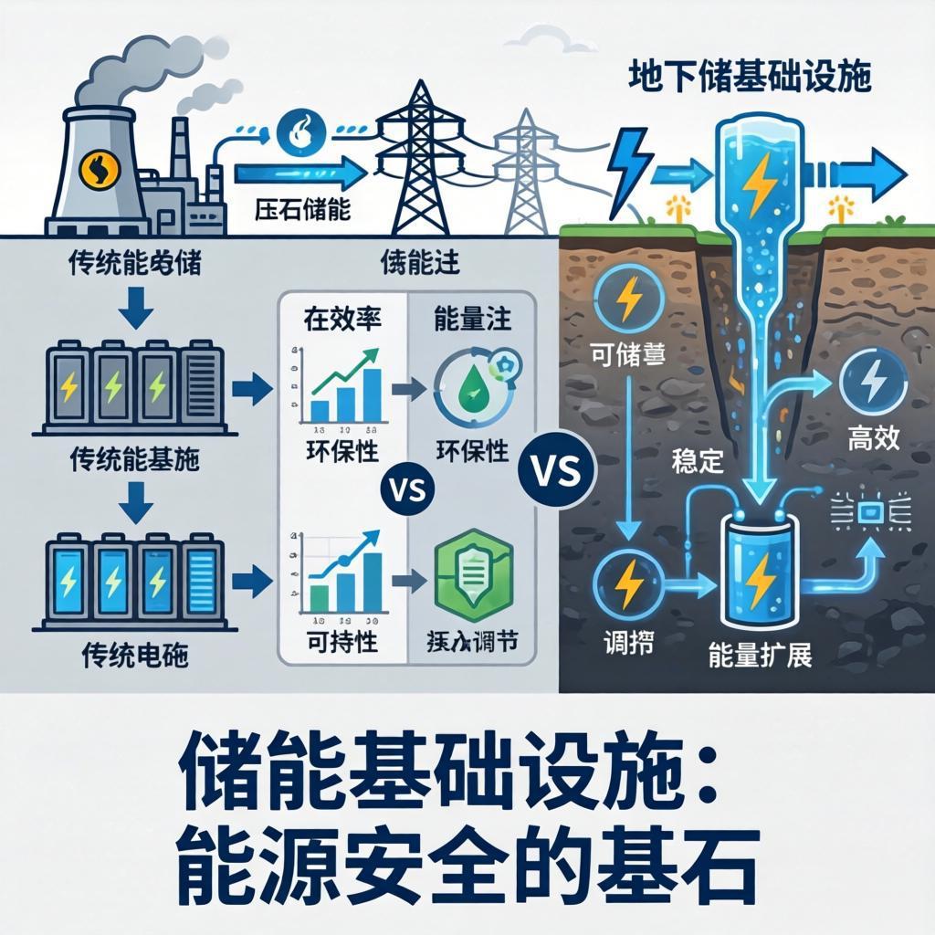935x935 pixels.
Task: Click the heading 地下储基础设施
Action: pos(750,77)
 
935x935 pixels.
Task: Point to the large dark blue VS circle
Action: pos(555,472)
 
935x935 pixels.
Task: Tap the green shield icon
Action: pos(471,574)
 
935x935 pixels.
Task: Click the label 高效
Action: pos(873,439)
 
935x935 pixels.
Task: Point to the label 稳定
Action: pos(697,459)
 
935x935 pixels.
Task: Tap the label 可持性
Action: pos(341,642)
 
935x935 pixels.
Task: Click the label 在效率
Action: pos(341,320)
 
